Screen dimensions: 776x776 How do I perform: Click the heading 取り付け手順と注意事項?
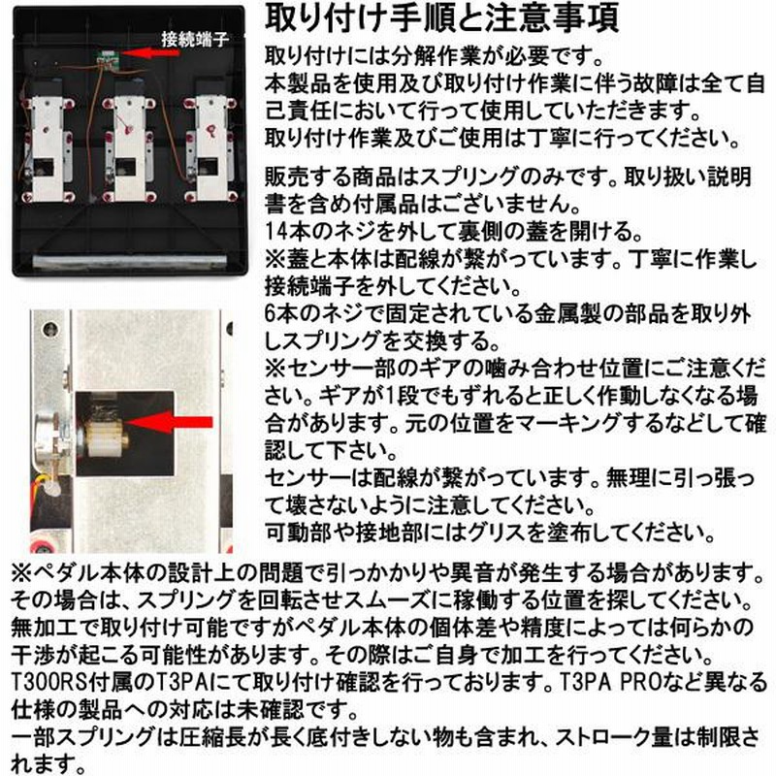tap(441, 18)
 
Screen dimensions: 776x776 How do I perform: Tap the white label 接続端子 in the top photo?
tap(195, 39)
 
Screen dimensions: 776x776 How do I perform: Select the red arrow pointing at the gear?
tap(169, 422)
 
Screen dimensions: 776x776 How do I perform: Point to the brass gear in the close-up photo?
tap(107, 437)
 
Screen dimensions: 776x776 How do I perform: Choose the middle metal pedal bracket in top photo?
tap(129, 148)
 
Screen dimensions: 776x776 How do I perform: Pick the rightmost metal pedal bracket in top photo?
tap(210, 148)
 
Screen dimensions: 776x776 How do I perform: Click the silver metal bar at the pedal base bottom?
tap(130, 262)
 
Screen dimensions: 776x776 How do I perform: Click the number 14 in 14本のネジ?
tap(276, 231)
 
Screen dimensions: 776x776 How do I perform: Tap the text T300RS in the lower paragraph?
tap(48, 682)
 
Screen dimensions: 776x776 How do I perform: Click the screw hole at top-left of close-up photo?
tap(50, 329)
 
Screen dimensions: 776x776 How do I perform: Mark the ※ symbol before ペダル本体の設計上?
tap(21, 573)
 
